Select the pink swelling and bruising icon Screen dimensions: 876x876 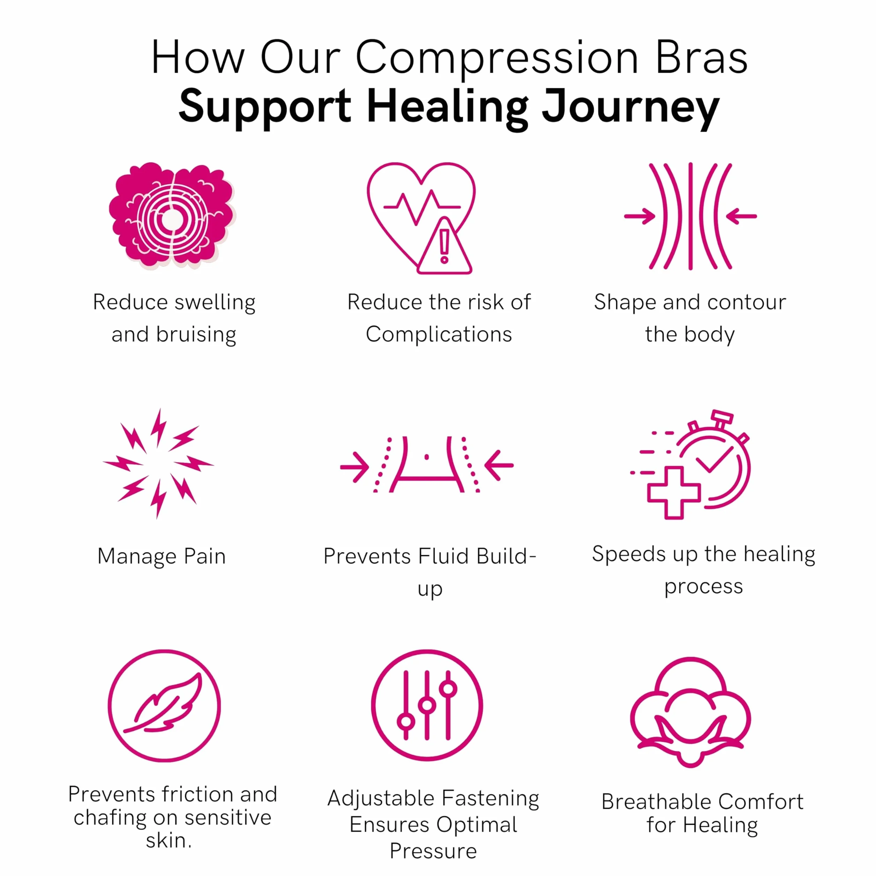coord(172,215)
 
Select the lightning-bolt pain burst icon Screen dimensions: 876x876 coord(158,463)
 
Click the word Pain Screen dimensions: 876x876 coord(205,556)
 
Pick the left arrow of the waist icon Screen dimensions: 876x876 coord(355,466)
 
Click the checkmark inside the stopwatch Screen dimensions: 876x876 coord(714,460)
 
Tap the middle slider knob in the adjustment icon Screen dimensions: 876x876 coord(427,705)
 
